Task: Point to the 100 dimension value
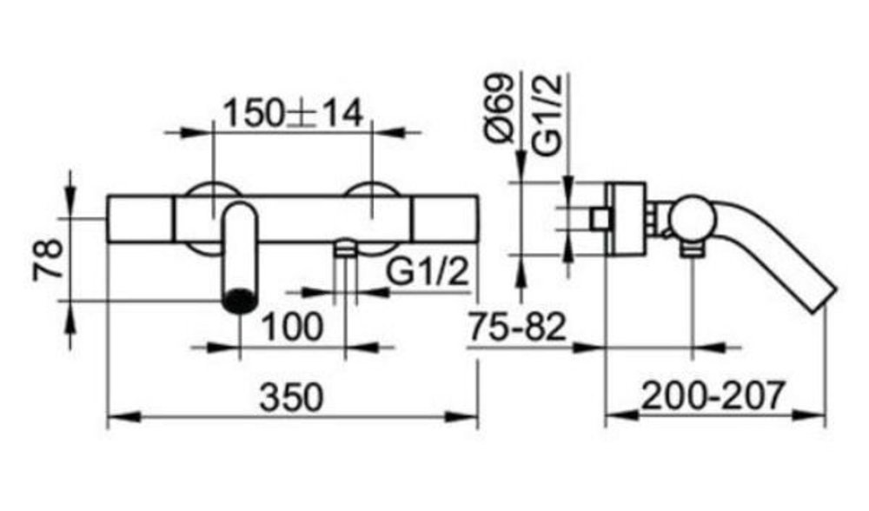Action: click(x=293, y=327)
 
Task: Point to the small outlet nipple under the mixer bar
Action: click(x=346, y=249)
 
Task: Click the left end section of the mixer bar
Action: click(x=139, y=219)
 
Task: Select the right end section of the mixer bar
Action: click(x=445, y=219)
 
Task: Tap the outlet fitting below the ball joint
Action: click(x=692, y=249)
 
